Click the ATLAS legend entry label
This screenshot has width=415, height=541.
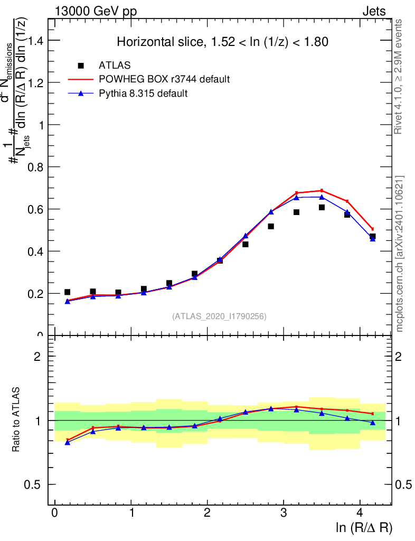[x=115, y=66]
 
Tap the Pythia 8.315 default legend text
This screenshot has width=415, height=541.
[x=144, y=94]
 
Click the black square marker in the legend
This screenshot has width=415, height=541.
[x=81, y=66]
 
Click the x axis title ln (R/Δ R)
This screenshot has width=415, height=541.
[x=364, y=528]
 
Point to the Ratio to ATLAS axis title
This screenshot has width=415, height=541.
[x=17, y=421]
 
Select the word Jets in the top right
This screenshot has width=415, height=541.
[x=374, y=11]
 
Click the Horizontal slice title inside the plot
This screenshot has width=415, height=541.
[x=223, y=42]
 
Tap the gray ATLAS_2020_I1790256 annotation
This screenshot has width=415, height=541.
[x=219, y=316]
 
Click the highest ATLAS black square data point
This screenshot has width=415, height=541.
[x=322, y=207]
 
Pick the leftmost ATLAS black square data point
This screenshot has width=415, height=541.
[x=67, y=292]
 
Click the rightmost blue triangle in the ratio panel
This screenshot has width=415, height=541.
[x=372, y=423]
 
